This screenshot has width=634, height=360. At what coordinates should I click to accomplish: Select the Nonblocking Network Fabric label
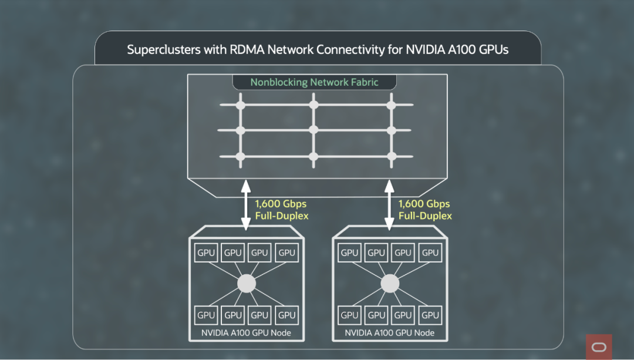(x=314, y=82)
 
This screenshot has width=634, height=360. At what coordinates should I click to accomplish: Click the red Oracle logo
(x=599, y=346)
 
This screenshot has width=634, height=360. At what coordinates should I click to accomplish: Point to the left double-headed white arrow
(x=246, y=205)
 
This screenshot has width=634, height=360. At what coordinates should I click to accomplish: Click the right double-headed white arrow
(x=389, y=205)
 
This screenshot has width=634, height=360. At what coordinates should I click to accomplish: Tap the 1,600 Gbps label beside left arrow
(x=281, y=204)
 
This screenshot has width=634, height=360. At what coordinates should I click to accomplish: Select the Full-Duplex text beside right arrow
(x=426, y=216)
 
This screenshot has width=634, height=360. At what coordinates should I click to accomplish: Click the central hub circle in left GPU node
(x=247, y=284)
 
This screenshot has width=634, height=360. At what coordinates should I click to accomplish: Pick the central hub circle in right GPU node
(x=390, y=284)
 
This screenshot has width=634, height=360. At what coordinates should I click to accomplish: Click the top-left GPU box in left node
(x=206, y=253)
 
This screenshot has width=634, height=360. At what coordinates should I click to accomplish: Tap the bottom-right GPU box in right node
(x=430, y=315)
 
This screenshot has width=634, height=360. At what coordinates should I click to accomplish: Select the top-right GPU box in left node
(x=286, y=253)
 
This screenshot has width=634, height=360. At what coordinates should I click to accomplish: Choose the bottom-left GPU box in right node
(x=349, y=315)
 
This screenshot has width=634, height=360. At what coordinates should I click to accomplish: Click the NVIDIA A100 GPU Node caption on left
(x=246, y=333)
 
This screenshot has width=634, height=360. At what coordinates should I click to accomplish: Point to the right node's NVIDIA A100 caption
(x=390, y=333)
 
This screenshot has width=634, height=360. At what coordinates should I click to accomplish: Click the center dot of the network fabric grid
(x=313, y=130)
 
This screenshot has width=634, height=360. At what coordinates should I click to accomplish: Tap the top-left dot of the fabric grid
(x=241, y=105)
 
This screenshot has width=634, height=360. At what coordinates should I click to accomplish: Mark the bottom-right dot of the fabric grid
(x=392, y=156)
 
